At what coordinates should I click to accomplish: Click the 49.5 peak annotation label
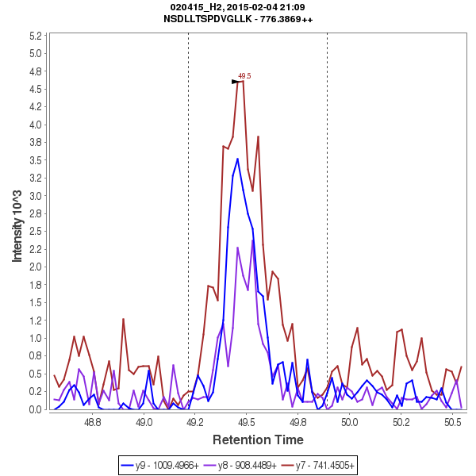coord(244,76)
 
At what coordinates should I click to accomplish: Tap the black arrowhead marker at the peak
coord(236,82)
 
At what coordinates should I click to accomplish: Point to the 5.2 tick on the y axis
coord(36,36)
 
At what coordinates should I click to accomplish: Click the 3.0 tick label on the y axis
coord(36,196)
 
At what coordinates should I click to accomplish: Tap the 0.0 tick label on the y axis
coord(36,409)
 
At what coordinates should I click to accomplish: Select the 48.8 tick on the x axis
coord(93,424)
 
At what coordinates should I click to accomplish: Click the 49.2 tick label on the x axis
coord(195,424)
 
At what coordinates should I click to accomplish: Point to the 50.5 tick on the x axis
coord(452,424)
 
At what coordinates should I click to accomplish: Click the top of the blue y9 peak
coord(237,159)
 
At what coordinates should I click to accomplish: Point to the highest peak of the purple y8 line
coord(253,240)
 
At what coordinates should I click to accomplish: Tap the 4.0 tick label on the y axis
coord(36,125)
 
